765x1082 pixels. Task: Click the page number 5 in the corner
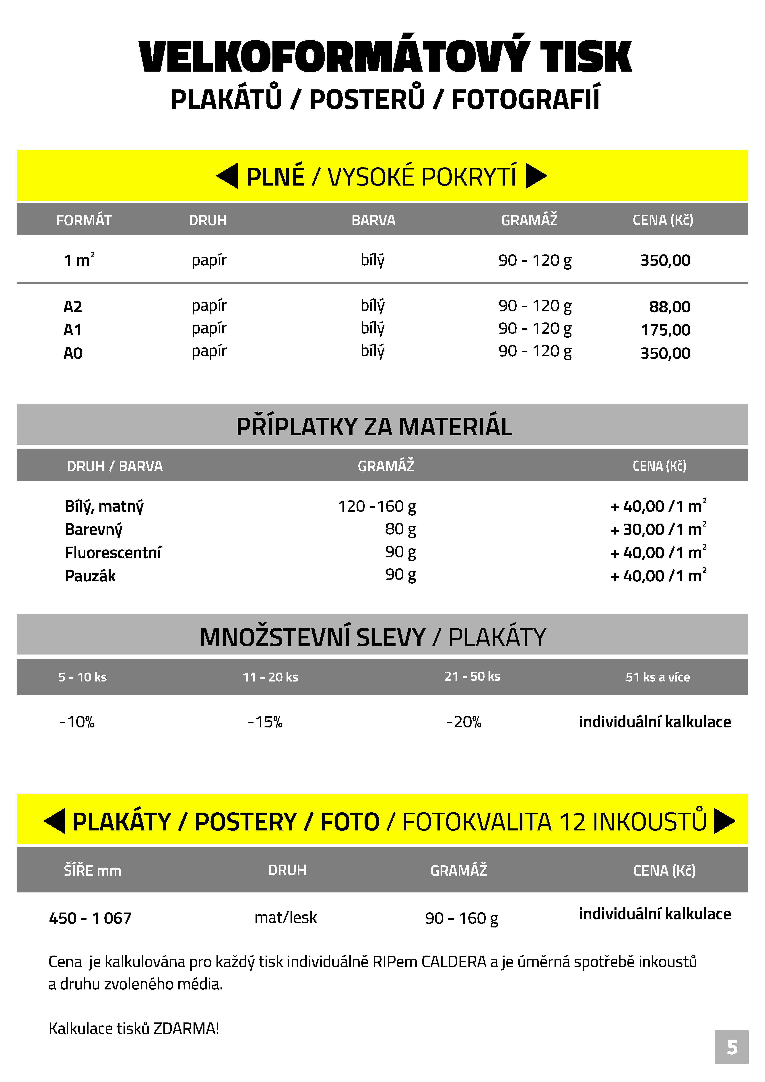(732, 1047)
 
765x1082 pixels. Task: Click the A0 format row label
(73, 353)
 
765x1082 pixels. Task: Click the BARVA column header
(373, 220)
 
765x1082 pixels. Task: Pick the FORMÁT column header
(84, 220)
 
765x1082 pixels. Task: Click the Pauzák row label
(90, 575)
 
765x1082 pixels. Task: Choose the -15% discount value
(265, 722)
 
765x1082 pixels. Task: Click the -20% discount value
(464, 722)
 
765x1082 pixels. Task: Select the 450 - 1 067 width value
(90, 918)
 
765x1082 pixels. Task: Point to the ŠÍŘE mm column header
(92, 870)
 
